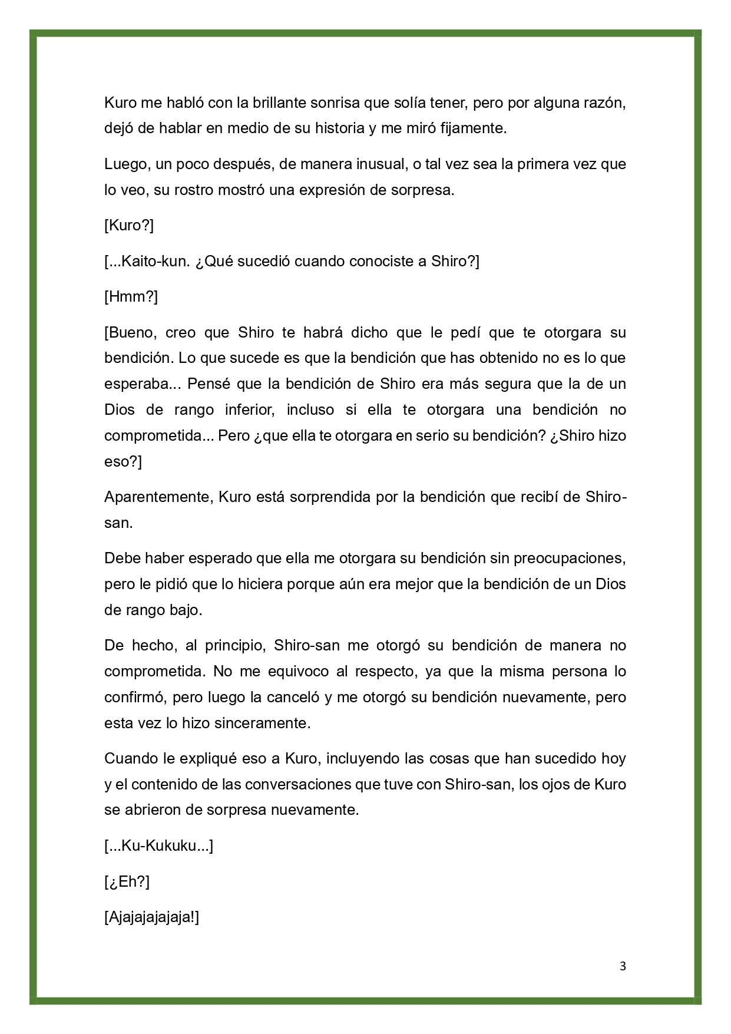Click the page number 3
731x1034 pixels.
(623, 966)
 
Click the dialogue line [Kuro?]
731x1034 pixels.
(129, 226)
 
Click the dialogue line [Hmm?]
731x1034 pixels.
(131, 296)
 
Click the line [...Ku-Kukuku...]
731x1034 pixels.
(158, 846)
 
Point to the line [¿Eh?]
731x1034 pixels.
(127, 882)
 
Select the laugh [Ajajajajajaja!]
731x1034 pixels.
(151, 917)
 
